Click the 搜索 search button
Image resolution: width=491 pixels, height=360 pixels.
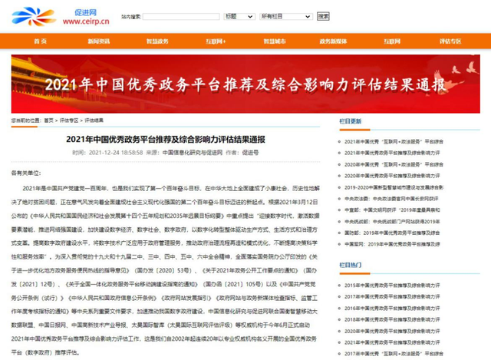323,15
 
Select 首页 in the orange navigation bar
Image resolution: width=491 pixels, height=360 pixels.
41,40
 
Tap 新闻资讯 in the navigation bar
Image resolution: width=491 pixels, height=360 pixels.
98,40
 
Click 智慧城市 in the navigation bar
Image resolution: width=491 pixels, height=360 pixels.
275,40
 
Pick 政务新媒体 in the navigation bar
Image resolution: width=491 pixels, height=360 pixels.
333,40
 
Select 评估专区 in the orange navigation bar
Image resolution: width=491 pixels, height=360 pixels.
451,40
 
